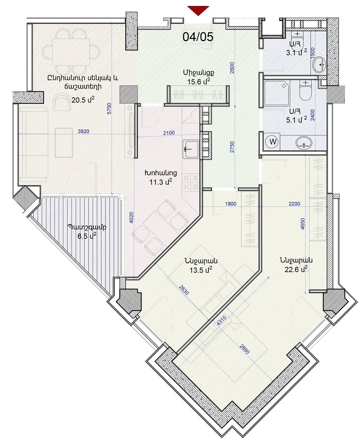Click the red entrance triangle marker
coord(198,10)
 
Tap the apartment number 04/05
coord(198,37)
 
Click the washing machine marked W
coord(273,142)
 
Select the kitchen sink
coord(191,149)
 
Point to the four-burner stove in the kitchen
coord(191,182)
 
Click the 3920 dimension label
coord(84,131)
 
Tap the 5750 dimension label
coord(109,108)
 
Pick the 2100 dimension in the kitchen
coord(168,133)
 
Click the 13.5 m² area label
coord(201,270)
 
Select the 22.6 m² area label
coord(296,270)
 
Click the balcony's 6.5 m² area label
coord(87,236)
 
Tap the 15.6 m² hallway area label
coord(199,82)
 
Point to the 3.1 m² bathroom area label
coord(296,53)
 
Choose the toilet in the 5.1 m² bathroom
coord(306,90)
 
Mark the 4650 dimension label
coord(303,224)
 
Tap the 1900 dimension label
coord(231,204)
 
